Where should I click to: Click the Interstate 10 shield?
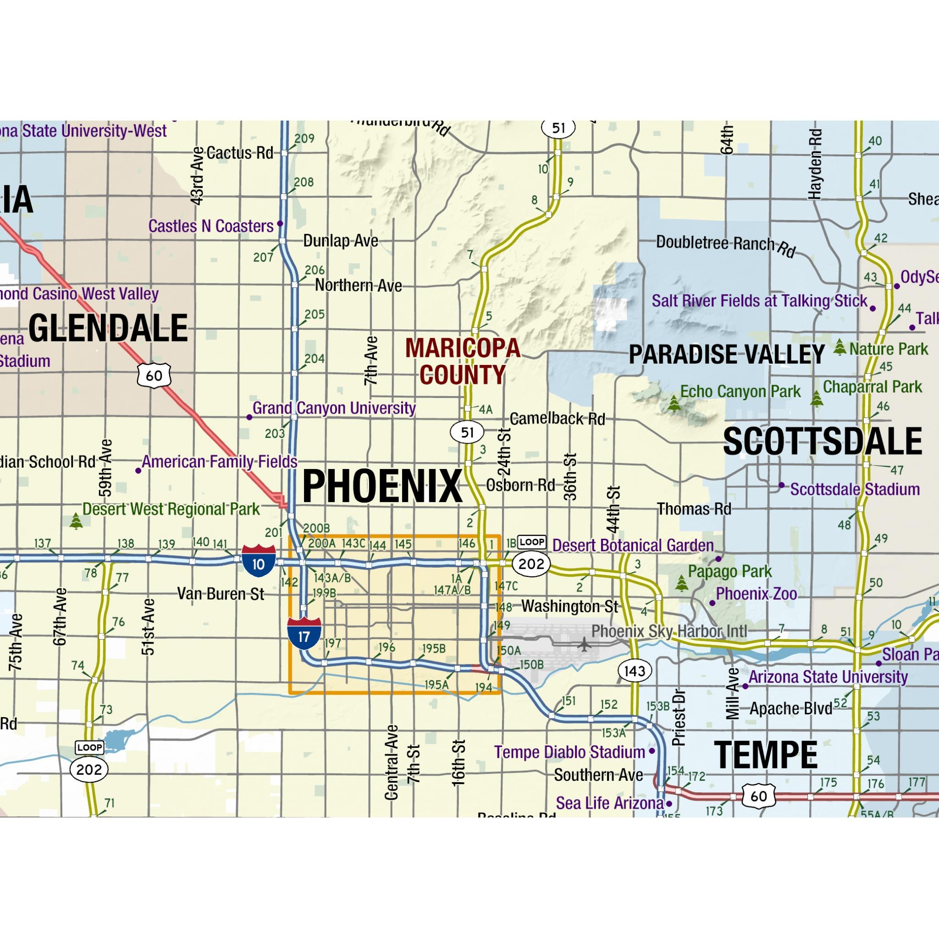[259, 561]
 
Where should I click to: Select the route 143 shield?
[634, 671]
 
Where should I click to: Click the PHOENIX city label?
[382, 486]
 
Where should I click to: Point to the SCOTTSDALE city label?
[823, 442]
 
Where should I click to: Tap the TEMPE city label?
[766, 755]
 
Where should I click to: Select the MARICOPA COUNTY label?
[463, 361]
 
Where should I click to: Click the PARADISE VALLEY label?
[727, 354]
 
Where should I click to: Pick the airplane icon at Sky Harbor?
[584, 645]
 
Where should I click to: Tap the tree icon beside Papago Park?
[681, 583]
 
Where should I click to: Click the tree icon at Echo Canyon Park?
[674, 403]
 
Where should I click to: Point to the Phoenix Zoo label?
[756, 593]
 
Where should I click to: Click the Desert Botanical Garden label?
[633, 545]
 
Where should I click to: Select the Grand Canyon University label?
[334, 408]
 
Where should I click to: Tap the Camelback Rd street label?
[557, 419]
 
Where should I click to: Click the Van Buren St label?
[220, 593]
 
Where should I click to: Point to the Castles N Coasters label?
[210, 226]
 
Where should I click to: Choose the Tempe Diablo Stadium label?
[569, 752]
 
